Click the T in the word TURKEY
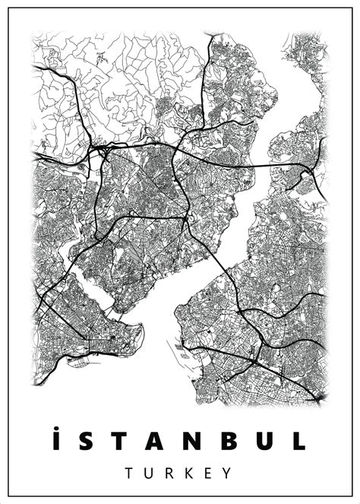pyautogui.click(x=130, y=473)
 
